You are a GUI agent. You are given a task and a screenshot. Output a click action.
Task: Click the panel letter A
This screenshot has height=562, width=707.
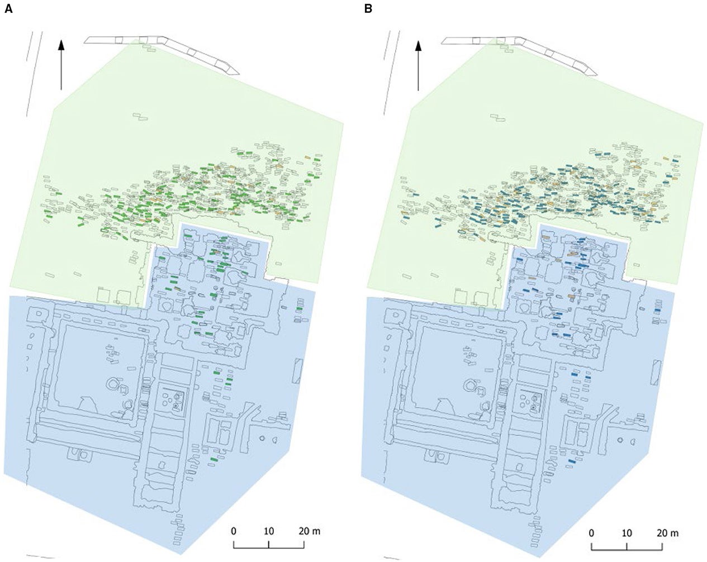click(8, 9)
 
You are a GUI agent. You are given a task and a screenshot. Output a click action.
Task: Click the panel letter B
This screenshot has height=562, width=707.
click(368, 9)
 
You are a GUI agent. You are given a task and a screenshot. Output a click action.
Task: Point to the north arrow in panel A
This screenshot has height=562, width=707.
click(61, 64)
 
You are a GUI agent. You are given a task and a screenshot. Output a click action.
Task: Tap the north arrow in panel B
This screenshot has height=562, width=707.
click(418, 64)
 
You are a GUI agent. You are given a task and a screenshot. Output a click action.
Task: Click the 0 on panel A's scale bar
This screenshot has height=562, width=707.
click(234, 530)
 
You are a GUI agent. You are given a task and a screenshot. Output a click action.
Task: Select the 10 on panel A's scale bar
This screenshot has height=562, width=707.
click(269, 530)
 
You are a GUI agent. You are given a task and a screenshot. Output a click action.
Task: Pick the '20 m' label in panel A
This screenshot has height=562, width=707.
click(309, 530)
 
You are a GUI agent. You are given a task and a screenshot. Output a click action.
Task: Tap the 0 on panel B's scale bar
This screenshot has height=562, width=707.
click(591, 532)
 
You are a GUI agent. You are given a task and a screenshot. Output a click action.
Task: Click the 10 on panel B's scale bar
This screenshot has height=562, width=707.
click(627, 532)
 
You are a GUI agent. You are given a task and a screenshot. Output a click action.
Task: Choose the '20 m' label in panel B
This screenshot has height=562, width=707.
click(666, 532)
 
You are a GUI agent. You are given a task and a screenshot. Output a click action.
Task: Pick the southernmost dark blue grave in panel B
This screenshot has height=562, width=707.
click(571, 461)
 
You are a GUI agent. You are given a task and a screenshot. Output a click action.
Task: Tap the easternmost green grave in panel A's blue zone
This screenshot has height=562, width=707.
click(300, 309)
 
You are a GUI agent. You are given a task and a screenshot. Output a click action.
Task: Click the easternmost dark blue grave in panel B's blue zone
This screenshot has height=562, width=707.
click(657, 310)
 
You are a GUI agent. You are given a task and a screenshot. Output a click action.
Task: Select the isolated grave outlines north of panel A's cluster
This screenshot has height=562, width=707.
click(140, 117)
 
